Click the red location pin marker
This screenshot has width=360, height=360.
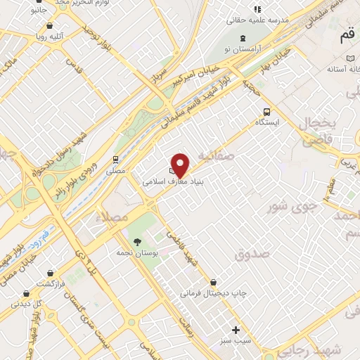point(181,165)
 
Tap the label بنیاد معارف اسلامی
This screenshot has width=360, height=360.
point(163,181)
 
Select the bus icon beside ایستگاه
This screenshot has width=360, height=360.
point(266,111)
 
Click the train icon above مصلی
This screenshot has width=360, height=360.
point(115,160)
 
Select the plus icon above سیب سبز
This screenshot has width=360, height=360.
point(236,328)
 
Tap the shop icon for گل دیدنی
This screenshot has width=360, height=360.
point(26,293)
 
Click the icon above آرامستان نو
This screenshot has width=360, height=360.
point(243,37)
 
